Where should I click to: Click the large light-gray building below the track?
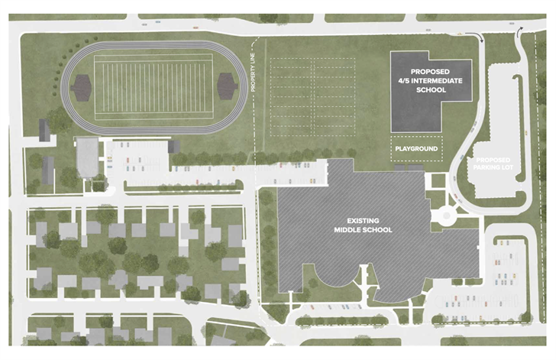87,157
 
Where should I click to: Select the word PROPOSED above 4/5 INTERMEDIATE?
417,71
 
